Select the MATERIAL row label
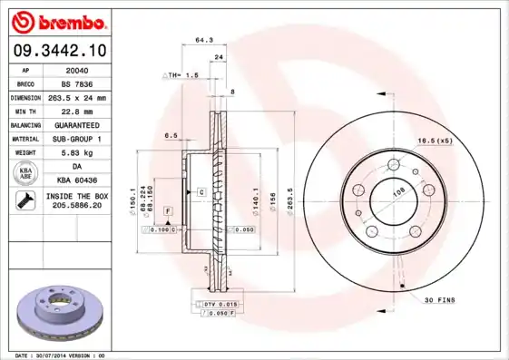pos(24,139)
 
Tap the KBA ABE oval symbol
pos(26,173)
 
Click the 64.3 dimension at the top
pos(203,40)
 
